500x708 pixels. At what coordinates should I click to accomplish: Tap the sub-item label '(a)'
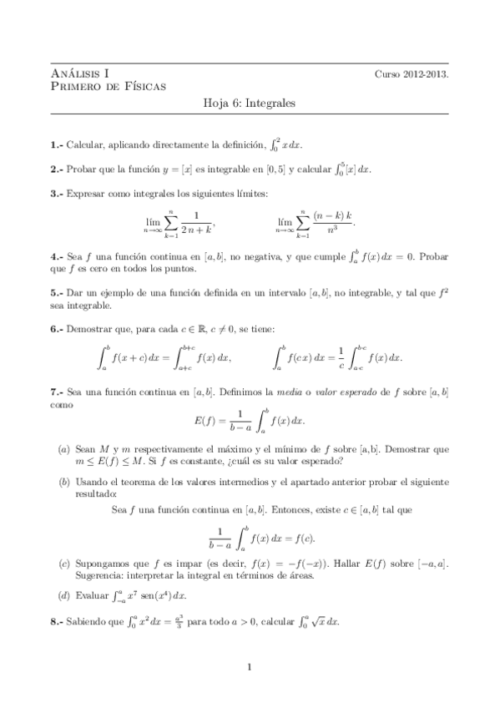tap(63, 448)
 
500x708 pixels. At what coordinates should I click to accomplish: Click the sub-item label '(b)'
tap(63, 482)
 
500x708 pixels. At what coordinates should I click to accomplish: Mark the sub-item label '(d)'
tap(63, 596)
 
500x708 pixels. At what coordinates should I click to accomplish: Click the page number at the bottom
tap(250, 667)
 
